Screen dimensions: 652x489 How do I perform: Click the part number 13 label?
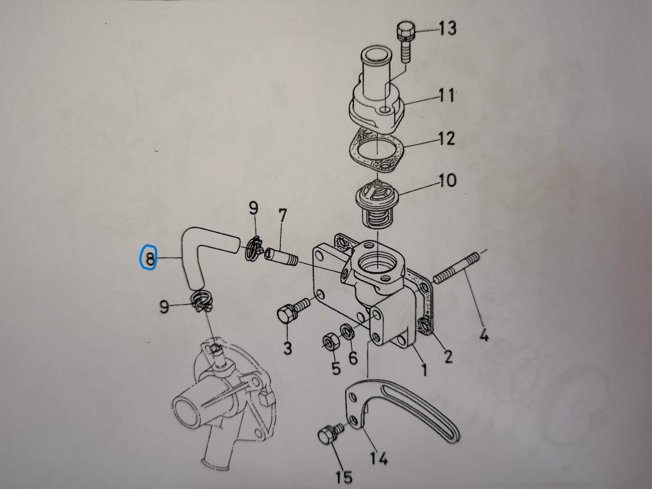click(447, 29)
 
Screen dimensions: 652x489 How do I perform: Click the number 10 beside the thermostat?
click(447, 180)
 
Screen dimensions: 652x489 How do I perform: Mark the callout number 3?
click(287, 348)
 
